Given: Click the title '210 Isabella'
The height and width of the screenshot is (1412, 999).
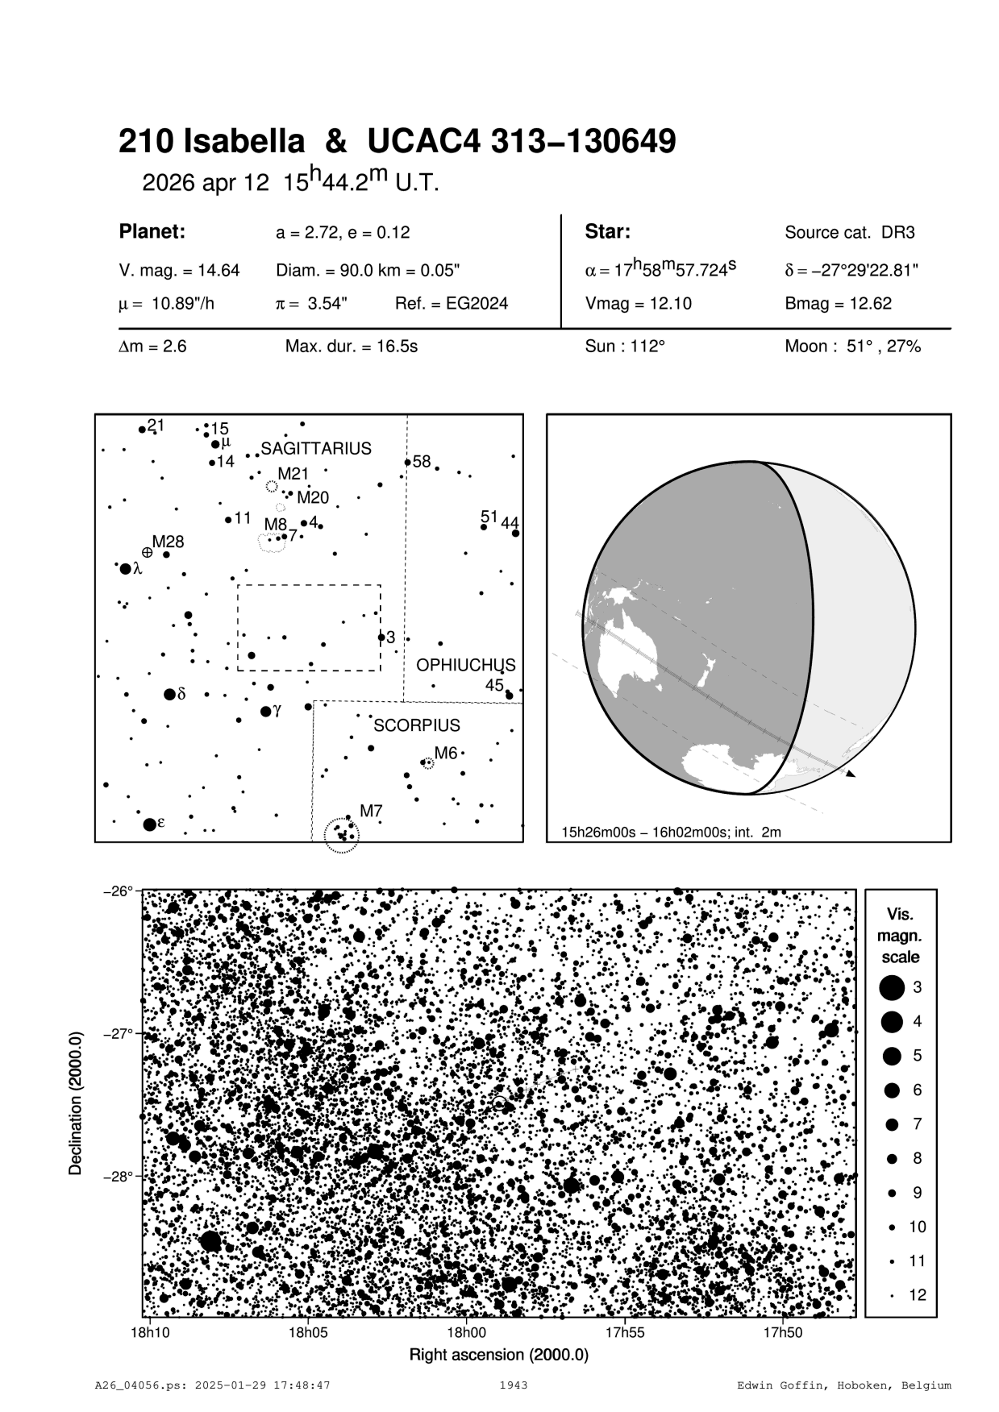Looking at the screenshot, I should (212, 143).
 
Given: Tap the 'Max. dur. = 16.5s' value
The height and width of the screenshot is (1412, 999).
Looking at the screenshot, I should (352, 347).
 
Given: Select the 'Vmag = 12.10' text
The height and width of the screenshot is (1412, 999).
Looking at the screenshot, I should (638, 304).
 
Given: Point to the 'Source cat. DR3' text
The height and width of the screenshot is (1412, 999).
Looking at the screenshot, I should (850, 233).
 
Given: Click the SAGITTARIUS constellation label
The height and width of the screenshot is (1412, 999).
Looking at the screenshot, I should (316, 448).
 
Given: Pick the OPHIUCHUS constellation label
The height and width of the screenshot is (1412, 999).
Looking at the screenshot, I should (465, 666).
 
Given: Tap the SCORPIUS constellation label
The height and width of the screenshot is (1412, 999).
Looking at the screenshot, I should (417, 725).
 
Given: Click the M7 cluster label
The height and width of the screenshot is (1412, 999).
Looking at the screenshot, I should (371, 811).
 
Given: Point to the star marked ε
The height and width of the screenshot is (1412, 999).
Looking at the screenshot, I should (149, 824).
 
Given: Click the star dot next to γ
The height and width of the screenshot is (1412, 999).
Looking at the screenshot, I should (266, 712).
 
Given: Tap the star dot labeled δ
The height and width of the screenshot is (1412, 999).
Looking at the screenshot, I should (169, 694).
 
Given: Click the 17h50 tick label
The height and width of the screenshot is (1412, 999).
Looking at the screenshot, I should (783, 1331).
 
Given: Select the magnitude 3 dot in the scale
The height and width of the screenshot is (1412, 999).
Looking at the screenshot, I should (892, 987).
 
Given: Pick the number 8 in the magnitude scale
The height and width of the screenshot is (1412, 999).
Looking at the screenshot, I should (918, 1158).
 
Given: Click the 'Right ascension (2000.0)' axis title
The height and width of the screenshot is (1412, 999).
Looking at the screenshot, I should (499, 1354).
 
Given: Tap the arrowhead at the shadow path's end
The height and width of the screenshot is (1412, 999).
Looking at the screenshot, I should (851, 774).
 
